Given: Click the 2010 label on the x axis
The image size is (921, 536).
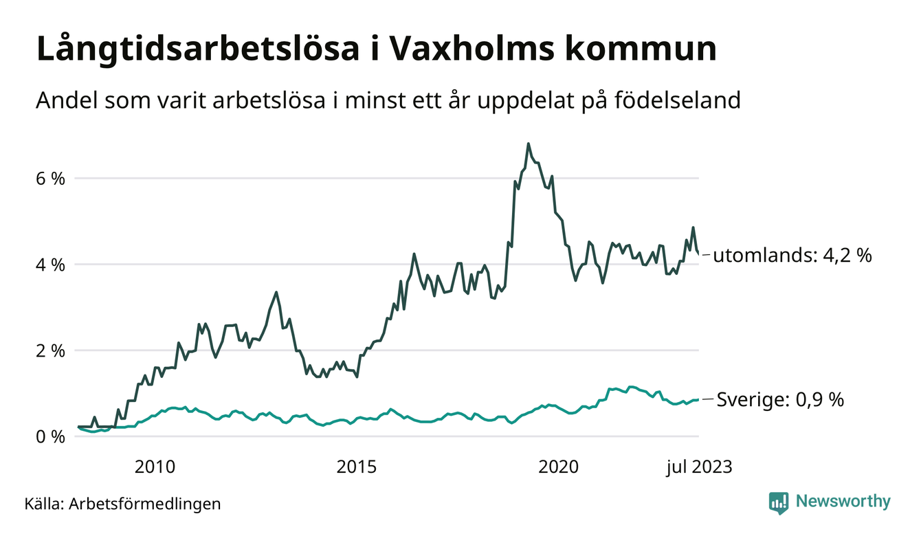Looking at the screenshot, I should pos(155,468).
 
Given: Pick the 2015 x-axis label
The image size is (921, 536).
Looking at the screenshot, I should pos(356,468).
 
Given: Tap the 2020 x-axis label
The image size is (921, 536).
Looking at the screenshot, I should pos(559,468).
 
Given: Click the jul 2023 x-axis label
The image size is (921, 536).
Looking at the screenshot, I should pos(698,468).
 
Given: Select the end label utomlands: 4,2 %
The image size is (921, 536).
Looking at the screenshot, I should pos(792,256).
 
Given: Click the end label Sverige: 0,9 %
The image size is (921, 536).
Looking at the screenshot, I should pos(780,399).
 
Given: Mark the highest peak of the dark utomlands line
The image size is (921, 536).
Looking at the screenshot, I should pos(528,144).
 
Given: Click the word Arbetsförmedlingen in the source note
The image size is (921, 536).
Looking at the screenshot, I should pos(145,504).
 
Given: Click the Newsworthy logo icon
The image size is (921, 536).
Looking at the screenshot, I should pos(779,502).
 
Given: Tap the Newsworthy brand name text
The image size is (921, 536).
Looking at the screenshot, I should pos(843,502).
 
